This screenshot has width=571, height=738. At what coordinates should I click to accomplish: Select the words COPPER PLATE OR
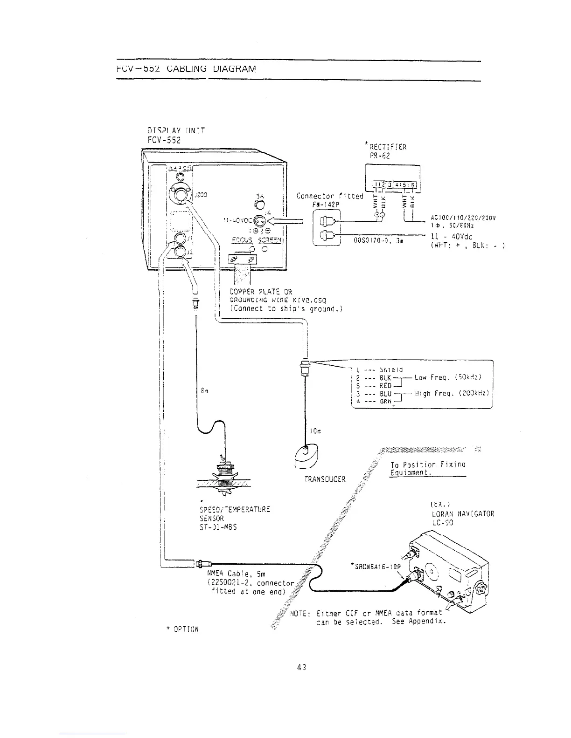coord(260,292)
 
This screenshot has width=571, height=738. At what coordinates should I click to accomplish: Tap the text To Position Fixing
coord(428,465)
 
